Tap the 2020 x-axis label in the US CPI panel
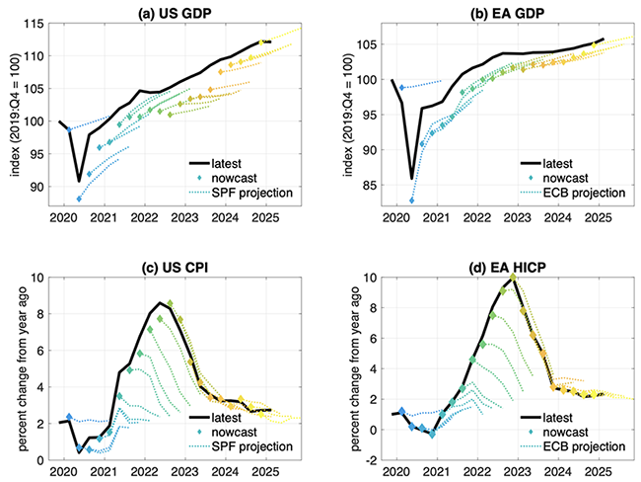pos(60,473)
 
